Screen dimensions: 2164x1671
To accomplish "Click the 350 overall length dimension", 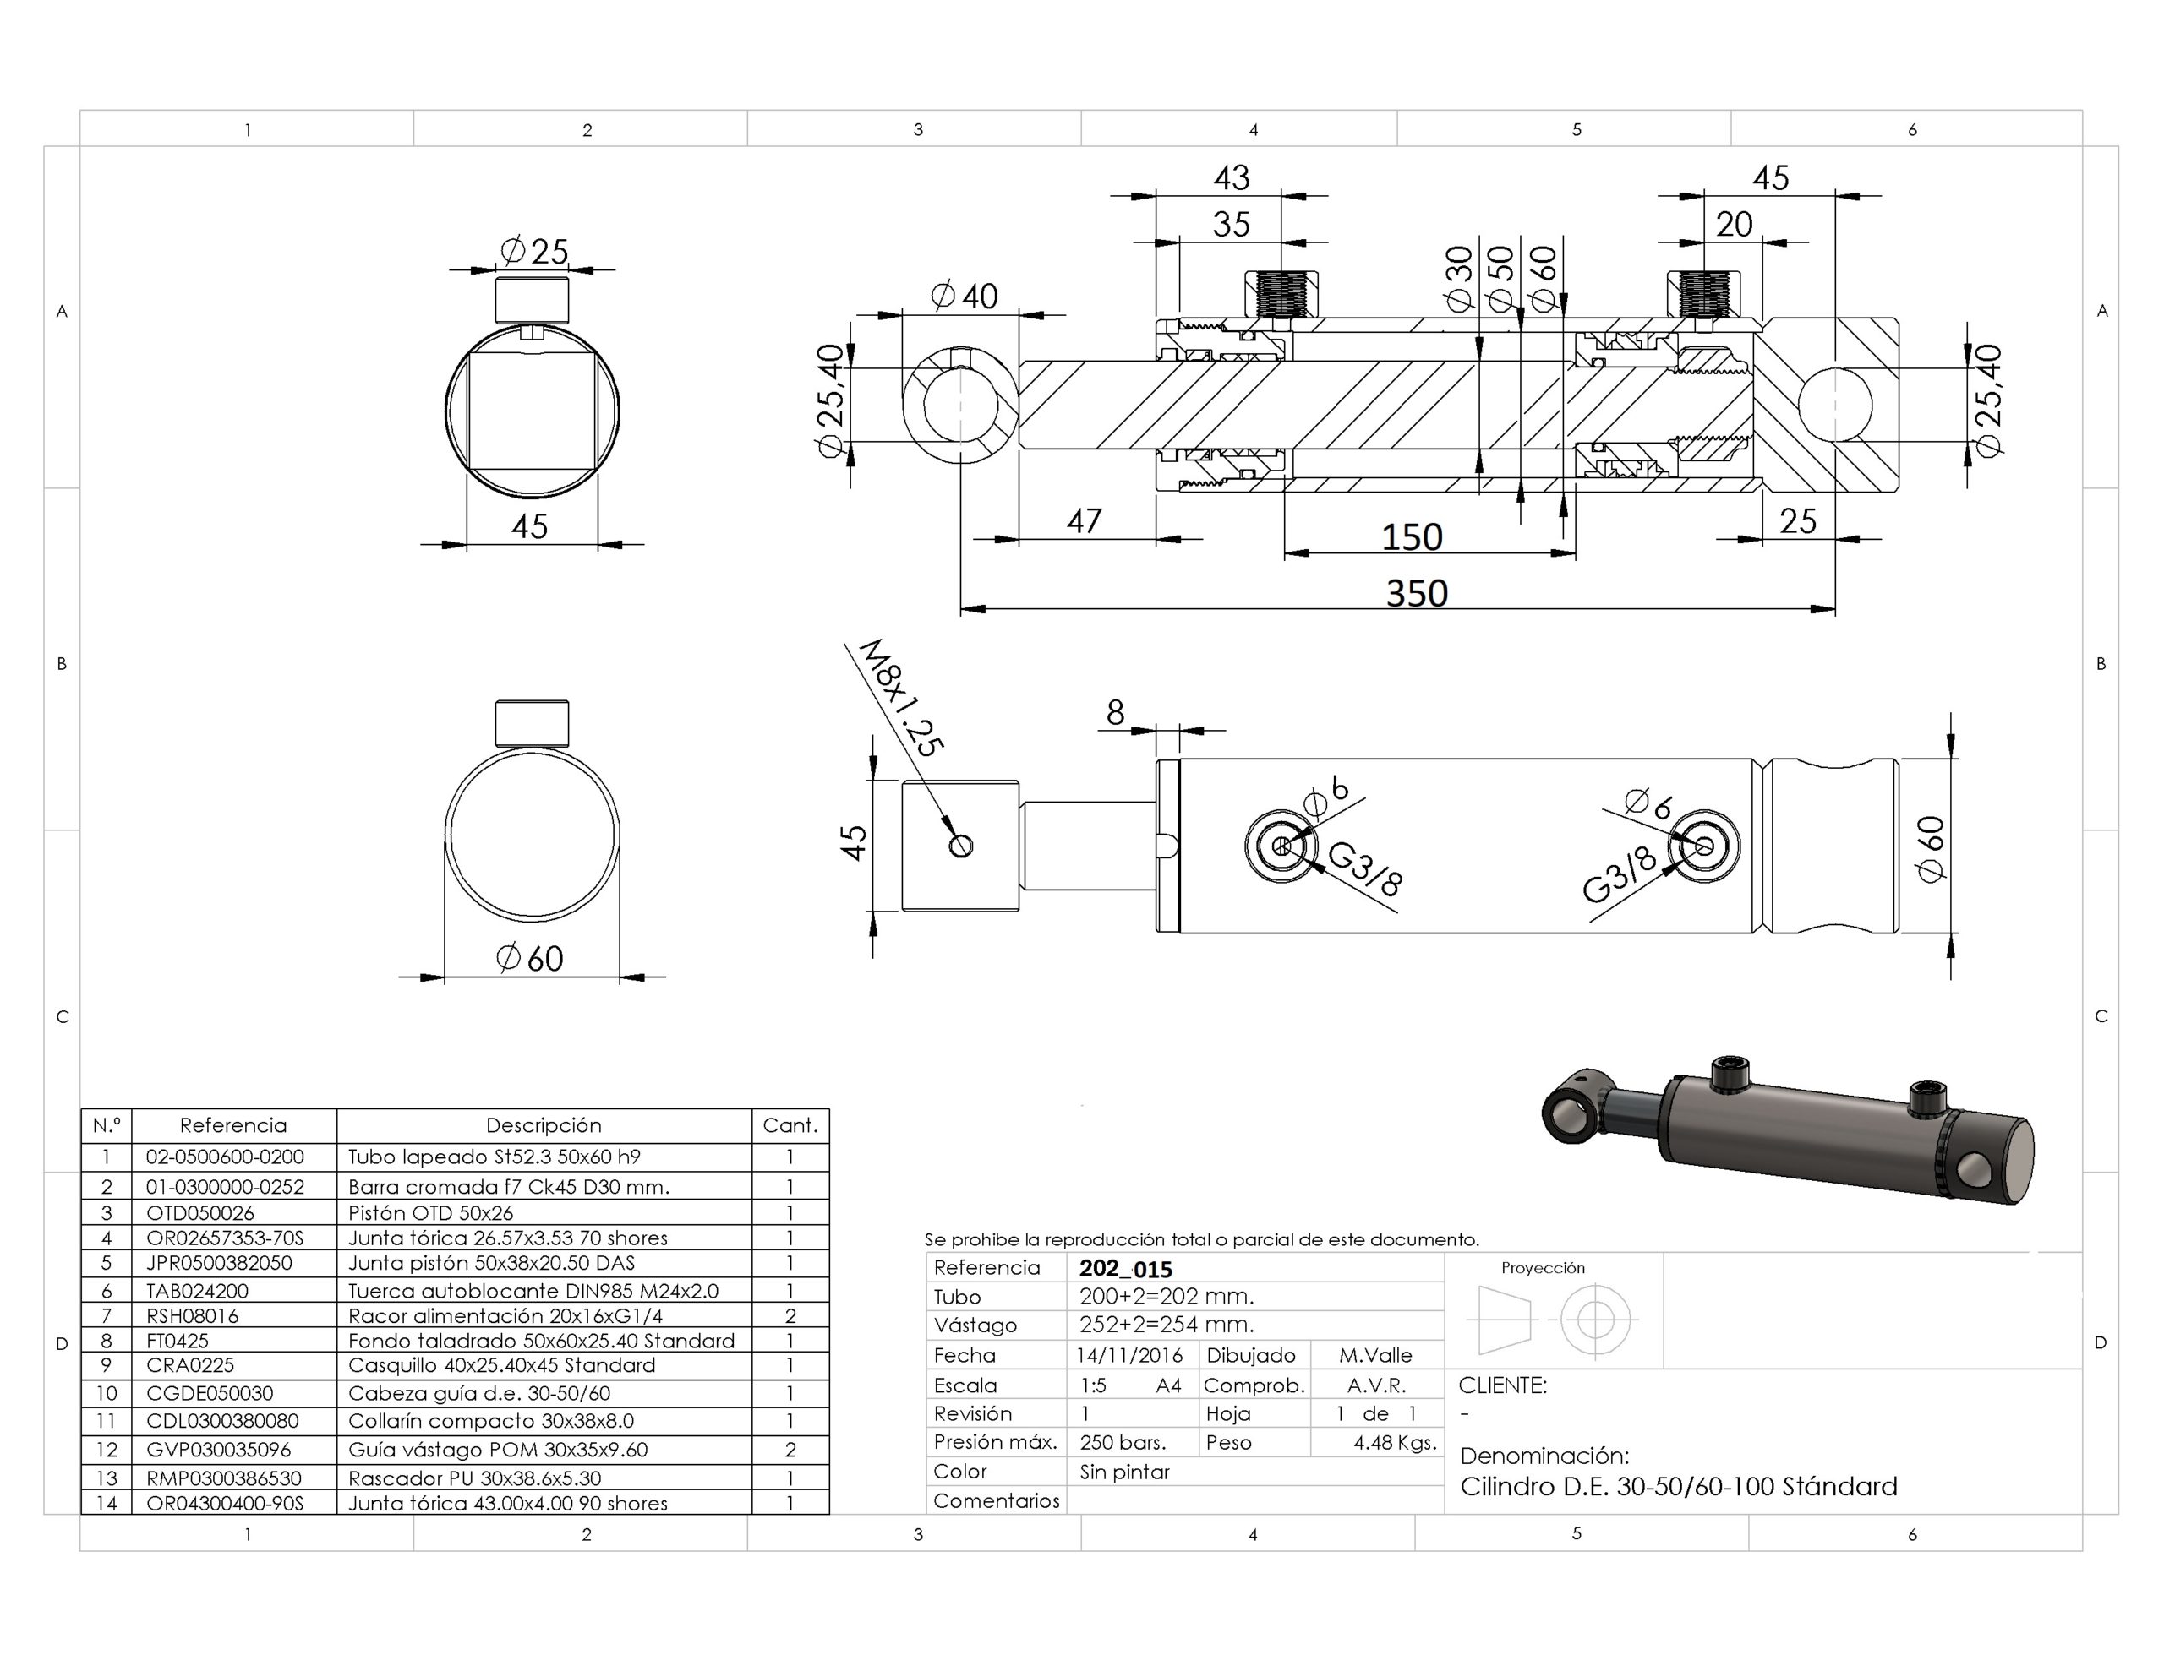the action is (1416, 593).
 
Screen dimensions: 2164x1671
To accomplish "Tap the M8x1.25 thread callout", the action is (900, 699).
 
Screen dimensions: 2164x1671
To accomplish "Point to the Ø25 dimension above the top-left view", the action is (535, 251).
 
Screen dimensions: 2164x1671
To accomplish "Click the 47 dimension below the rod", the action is (1084, 521).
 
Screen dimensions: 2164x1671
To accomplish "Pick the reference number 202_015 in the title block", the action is (1126, 1269).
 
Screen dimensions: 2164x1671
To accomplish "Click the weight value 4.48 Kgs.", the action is (1395, 1443).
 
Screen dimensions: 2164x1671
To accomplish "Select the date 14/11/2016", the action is (1129, 1355).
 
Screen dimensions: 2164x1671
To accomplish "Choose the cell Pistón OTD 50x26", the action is (431, 1212).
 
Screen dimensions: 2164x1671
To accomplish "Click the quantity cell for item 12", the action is (790, 1449).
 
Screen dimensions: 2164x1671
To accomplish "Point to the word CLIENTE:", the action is (1502, 1385).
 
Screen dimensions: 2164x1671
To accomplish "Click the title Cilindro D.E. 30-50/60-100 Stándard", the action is (1679, 1486).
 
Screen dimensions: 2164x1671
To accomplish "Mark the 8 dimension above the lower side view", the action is (1116, 712).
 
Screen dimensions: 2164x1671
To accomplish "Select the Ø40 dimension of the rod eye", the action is (965, 295).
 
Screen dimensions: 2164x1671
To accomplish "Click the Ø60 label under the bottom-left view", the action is (529, 958).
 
